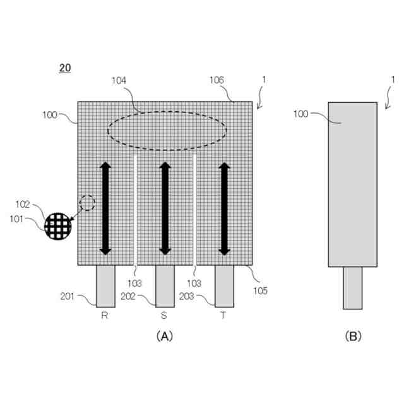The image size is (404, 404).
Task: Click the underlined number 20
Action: coord(65,68)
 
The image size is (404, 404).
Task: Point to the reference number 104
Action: coord(119,81)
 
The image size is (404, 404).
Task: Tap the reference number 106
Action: coord(217,80)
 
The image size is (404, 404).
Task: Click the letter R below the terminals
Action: coord(105,316)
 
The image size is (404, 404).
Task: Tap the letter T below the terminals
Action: coord(223,316)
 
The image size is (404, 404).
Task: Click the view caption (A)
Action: coord(163,336)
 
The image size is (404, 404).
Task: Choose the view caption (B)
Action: coord(353,336)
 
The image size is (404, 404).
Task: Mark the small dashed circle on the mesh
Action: coord(87,203)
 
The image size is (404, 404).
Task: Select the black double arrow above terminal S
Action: coord(165,208)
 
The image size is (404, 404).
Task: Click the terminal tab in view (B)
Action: coord(353,287)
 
